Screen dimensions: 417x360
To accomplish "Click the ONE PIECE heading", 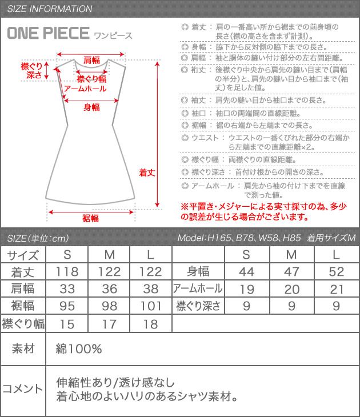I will pos(49,34).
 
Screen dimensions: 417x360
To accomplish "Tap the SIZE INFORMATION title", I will pos(50,9).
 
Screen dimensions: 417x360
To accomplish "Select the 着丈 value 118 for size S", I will pos(69,271).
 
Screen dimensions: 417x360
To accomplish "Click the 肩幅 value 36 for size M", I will pos(110,288).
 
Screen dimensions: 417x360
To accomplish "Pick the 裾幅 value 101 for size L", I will pos(151,306).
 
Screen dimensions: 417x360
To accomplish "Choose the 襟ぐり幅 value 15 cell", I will pos(69,324).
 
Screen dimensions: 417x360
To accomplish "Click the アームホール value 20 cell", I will pos(291,288).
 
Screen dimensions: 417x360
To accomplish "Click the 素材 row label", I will pos(23,348).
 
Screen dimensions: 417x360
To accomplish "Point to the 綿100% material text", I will pos(79,348).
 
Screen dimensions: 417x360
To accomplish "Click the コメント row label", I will pos(23,389).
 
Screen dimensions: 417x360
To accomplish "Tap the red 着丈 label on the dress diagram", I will pos(148,171).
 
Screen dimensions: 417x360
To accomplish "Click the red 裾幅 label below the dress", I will pos(91,218).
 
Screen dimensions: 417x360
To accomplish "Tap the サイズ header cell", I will pos(23,254).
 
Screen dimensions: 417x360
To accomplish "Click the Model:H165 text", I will pos(199,238).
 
